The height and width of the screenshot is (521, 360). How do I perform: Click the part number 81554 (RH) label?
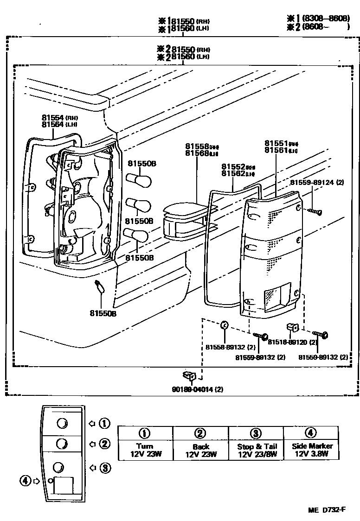click(54, 118)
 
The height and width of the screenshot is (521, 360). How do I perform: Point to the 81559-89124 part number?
click(317, 183)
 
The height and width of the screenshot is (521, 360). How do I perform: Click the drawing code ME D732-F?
click(327, 510)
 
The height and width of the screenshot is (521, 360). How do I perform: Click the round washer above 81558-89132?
click(224, 325)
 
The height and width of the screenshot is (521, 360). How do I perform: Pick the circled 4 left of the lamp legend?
click(25, 481)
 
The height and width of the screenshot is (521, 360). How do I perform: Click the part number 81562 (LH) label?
click(238, 174)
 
